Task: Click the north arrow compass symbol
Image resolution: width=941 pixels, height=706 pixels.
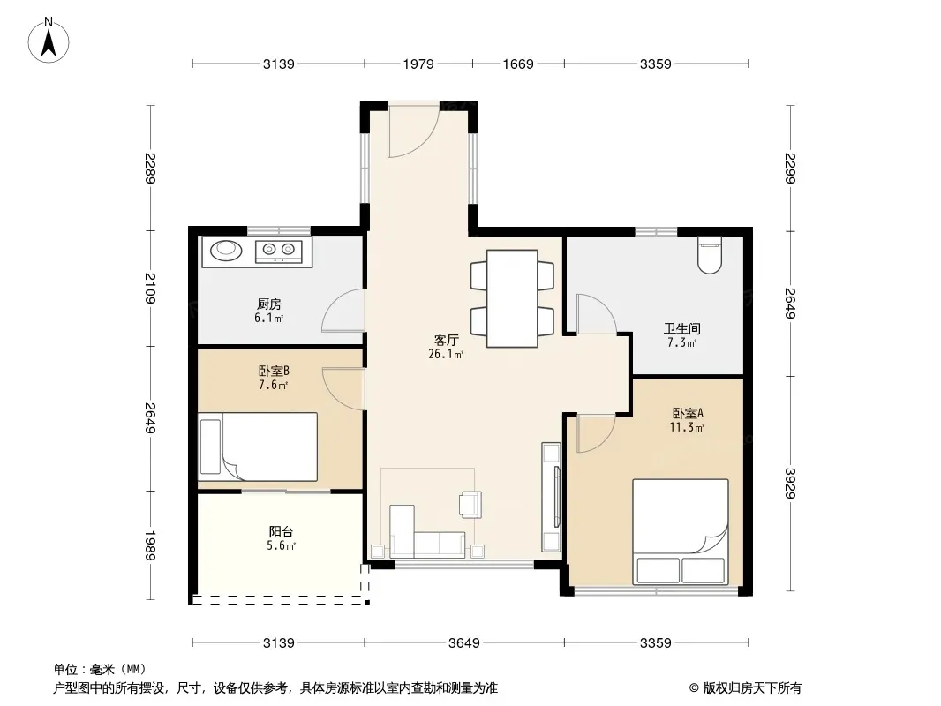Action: click(x=49, y=41)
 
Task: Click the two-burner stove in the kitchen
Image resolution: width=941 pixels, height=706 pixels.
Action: click(x=278, y=250)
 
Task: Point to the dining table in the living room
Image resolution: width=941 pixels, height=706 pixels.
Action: click(x=512, y=298)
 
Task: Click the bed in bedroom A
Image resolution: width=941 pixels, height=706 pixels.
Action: click(x=681, y=531)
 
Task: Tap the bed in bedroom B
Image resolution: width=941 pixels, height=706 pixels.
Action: click(x=258, y=447)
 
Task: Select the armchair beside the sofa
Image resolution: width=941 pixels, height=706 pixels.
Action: click(x=470, y=505)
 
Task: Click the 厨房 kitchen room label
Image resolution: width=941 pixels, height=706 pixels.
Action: click(x=269, y=304)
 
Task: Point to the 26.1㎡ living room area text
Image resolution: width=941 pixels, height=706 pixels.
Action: click(x=446, y=354)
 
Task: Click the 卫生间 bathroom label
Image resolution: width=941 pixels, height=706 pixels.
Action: click(x=681, y=328)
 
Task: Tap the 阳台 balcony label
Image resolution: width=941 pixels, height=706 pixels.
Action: click(x=281, y=531)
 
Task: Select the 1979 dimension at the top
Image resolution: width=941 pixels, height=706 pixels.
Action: click(x=418, y=64)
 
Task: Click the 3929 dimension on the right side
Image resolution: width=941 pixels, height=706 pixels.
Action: click(x=790, y=483)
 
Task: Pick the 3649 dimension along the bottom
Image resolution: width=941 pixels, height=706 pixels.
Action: click(x=464, y=643)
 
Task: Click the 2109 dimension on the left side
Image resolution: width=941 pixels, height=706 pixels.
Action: click(x=150, y=288)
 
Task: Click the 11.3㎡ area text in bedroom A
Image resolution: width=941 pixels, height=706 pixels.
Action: click(x=687, y=427)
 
